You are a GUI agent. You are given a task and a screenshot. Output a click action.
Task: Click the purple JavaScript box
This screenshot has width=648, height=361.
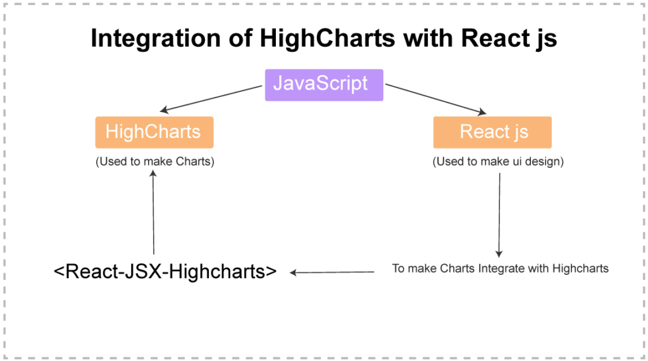pyautogui.click(x=324, y=84)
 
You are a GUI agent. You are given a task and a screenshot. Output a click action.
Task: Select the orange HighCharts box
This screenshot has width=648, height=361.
pyautogui.click(x=154, y=132)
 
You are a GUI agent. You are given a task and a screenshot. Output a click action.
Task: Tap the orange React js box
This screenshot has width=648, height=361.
pyautogui.click(x=492, y=132)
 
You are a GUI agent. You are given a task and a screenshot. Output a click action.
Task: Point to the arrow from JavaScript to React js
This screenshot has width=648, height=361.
pyautogui.click(x=436, y=99)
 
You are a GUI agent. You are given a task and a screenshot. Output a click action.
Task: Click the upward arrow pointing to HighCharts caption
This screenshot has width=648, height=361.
pyautogui.click(x=153, y=213)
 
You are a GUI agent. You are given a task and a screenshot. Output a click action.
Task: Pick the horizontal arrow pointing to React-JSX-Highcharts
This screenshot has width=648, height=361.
pyautogui.click(x=333, y=272)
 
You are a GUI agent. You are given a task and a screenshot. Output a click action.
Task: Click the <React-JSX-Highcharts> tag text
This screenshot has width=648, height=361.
pyautogui.click(x=165, y=272)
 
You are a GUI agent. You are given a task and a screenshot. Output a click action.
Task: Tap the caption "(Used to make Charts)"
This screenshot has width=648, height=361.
pyautogui.click(x=155, y=161)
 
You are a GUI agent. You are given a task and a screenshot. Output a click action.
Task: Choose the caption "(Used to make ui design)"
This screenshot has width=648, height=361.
pyautogui.click(x=498, y=161)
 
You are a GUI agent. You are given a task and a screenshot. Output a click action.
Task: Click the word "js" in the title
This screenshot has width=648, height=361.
pyautogui.click(x=545, y=39)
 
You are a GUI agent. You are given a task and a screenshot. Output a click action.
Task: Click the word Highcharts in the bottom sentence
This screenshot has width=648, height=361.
pyautogui.click(x=580, y=269)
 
